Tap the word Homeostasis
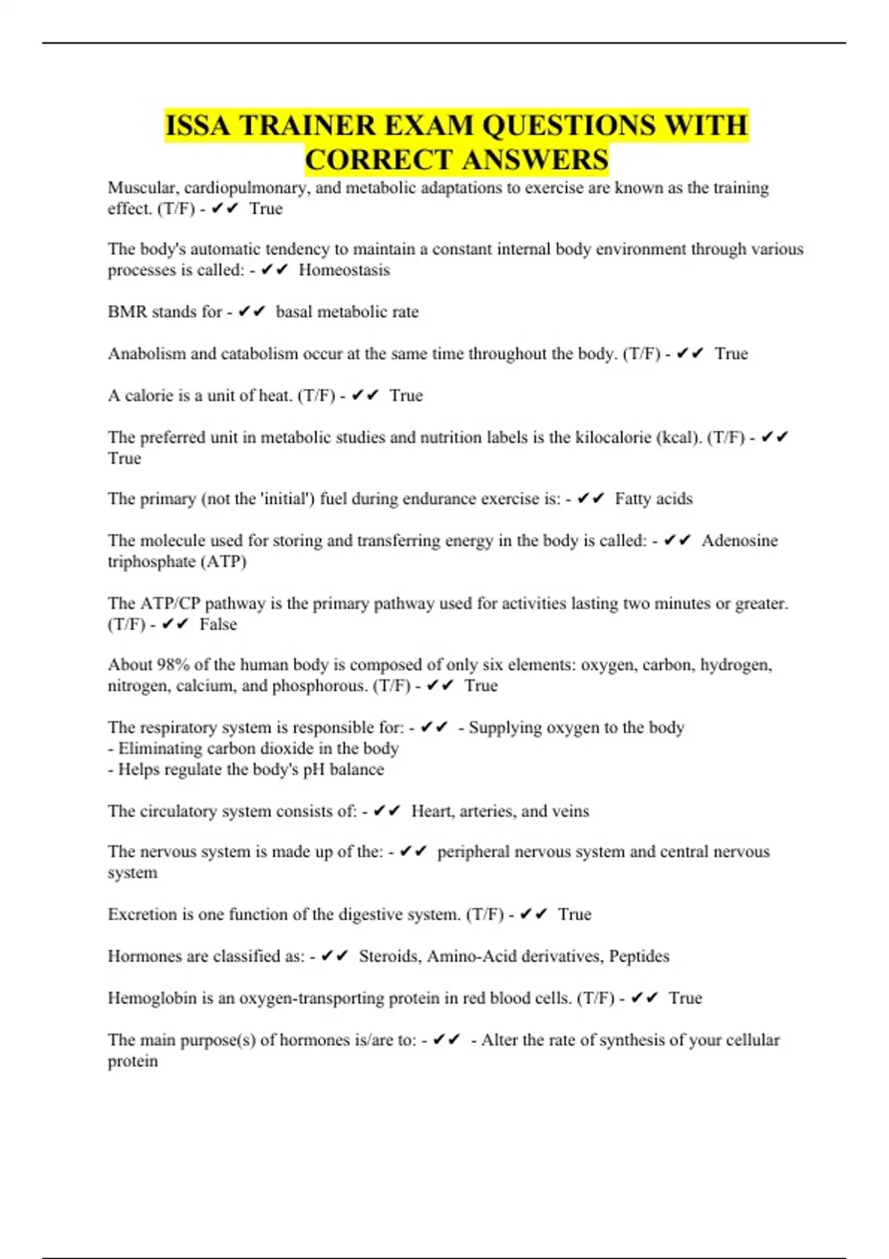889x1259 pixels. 344,270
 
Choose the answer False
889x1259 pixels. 218,624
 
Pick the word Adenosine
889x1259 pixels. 739,541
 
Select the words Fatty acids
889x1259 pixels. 653,499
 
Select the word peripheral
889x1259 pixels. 472,852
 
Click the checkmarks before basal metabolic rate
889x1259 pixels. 252,312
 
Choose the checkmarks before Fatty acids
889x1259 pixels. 591,499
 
